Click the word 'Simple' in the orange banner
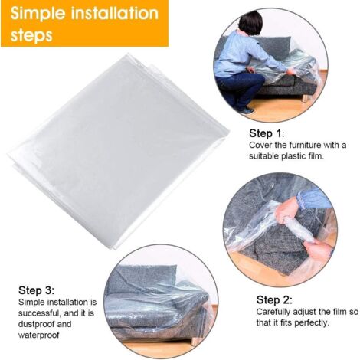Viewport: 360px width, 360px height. coord(38,14)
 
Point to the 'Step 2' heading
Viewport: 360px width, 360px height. coord(273,299)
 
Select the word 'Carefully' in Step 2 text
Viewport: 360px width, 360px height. coord(277,312)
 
